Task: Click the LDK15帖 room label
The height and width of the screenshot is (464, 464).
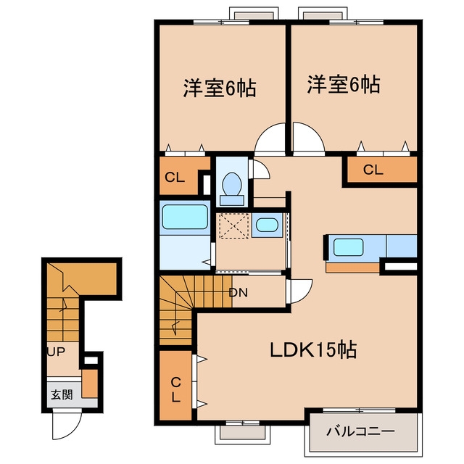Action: click(313, 349)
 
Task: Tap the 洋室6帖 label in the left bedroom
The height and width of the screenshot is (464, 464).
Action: click(220, 88)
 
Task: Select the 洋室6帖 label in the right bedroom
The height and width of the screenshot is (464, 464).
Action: click(344, 85)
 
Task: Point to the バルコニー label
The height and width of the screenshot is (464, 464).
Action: click(360, 431)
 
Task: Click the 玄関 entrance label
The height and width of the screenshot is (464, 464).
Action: click(62, 394)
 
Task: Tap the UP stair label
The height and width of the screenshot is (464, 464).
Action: click(57, 352)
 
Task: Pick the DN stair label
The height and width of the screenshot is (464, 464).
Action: click(239, 293)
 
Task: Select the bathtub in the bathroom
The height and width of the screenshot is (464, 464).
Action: click(185, 217)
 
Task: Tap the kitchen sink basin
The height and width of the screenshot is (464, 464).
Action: click(348, 247)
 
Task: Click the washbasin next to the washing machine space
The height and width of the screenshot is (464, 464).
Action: click(267, 225)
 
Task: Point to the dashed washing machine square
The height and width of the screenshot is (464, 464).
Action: click(233, 225)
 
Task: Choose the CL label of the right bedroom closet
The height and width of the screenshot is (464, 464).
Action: click(373, 170)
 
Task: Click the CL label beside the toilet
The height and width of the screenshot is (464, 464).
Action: click(175, 178)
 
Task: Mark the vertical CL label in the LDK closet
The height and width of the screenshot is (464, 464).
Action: click(175, 390)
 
